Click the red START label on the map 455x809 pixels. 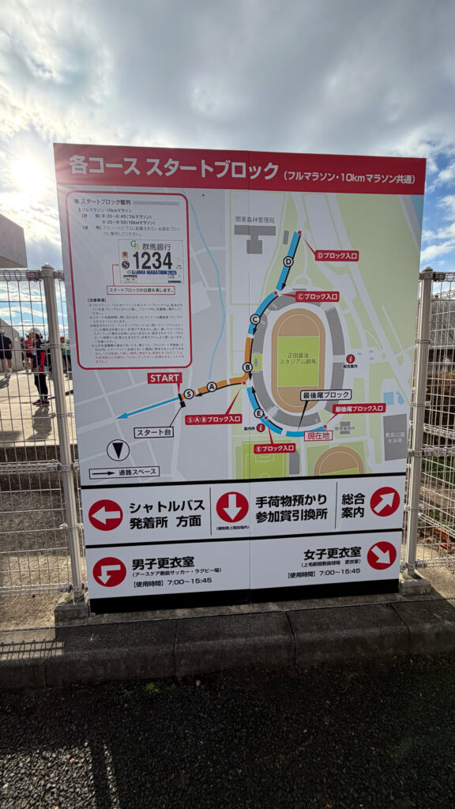tap(164, 378)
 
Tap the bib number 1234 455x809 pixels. tap(151, 260)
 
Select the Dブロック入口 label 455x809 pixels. tap(337, 255)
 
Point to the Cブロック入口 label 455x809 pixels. tap(317, 296)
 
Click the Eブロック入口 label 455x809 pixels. tap(274, 448)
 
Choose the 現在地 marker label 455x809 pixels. tap(318, 435)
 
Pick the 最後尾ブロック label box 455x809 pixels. tap(325, 394)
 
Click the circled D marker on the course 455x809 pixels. tap(288, 262)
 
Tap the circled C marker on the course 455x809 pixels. tap(254, 319)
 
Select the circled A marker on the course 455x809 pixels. tap(211, 386)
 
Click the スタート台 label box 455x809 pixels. tap(153, 432)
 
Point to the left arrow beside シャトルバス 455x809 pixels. tap(105, 514)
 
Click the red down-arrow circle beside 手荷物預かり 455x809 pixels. tap(232, 507)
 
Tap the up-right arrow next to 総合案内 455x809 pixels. tap(385, 502)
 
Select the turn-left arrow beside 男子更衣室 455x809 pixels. tap(109, 571)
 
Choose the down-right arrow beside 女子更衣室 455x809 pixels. tap(382, 555)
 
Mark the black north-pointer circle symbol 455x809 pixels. tap(118, 450)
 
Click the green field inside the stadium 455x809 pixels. tap(298, 361)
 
